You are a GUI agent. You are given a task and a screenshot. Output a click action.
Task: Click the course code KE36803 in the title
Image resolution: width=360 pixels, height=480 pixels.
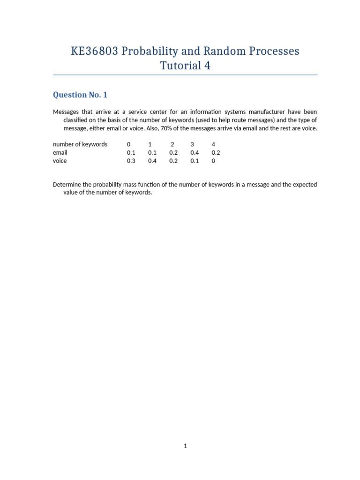pyautogui.click(x=95, y=51)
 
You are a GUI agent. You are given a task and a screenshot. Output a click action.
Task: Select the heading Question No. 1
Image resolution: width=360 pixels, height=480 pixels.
pyautogui.click(x=80, y=95)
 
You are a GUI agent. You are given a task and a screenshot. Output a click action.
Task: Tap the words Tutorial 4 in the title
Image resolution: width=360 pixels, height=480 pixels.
pyautogui.click(x=185, y=66)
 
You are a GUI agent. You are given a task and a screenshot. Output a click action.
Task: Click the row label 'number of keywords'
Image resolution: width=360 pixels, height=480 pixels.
pyautogui.click(x=80, y=144)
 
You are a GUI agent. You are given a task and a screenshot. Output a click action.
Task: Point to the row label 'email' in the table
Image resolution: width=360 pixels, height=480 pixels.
pyautogui.click(x=60, y=153)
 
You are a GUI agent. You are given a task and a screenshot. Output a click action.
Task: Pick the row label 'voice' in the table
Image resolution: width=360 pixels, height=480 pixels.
pyautogui.click(x=60, y=161)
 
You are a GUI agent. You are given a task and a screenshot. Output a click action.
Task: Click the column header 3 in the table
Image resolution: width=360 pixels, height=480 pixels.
pyautogui.click(x=192, y=144)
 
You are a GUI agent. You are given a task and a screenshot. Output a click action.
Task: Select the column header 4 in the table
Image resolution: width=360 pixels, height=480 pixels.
pyautogui.click(x=213, y=144)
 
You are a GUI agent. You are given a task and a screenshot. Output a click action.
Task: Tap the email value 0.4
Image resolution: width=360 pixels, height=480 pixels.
pyautogui.click(x=195, y=153)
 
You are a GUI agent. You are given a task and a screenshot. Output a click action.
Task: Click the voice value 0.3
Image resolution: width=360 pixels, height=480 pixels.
pyautogui.click(x=131, y=161)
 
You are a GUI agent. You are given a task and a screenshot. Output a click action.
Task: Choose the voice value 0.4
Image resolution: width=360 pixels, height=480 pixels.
pyautogui.click(x=152, y=161)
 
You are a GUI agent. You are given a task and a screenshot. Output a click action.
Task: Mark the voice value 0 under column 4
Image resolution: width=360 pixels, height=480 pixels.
pyautogui.click(x=213, y=161)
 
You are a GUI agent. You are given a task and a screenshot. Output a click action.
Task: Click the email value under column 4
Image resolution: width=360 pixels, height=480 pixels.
pyautogui.click(x=216, y=153)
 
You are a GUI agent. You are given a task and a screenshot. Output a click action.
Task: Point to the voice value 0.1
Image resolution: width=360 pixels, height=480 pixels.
pyautogui.click(x=195, y=161)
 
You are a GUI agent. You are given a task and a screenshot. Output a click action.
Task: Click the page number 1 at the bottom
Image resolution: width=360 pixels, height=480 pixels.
pyautogui.click(x=185, y=446)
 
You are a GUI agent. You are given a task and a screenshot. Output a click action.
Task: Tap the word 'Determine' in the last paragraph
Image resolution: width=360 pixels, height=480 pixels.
pyautogui.click(x=68, y=185)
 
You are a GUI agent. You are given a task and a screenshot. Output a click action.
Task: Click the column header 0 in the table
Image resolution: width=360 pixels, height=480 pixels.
pyautogui.click(x=128, y=144)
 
